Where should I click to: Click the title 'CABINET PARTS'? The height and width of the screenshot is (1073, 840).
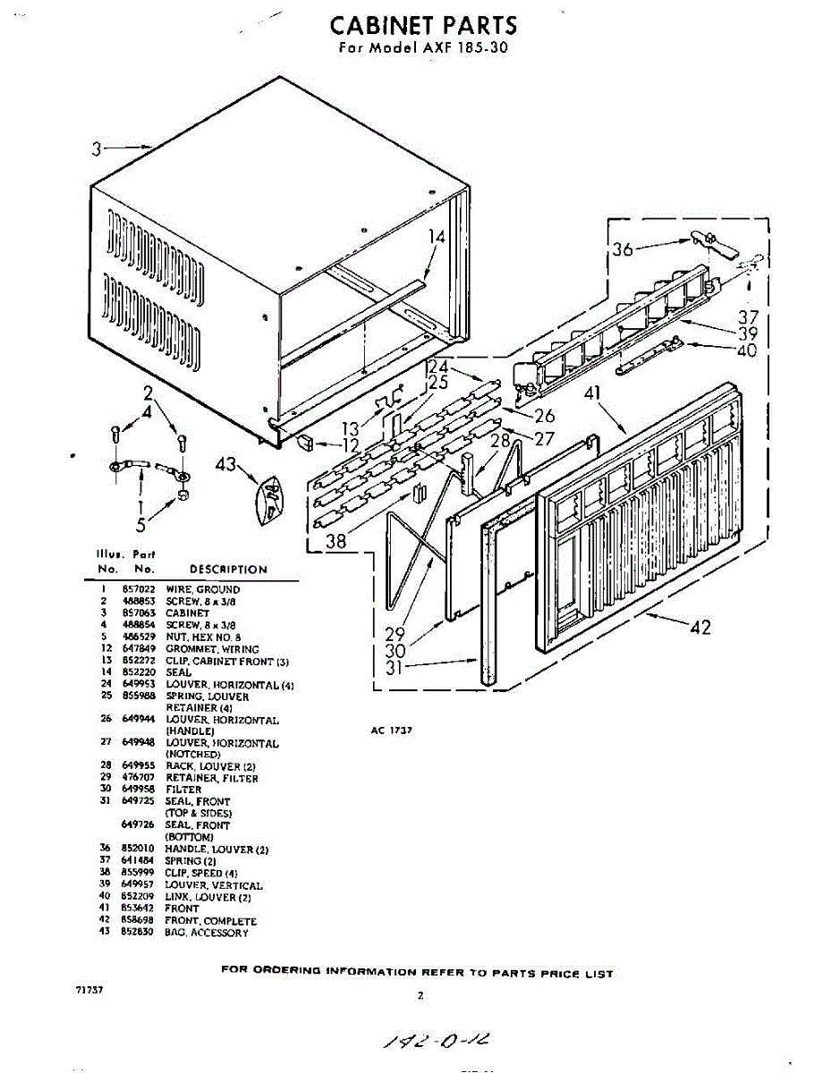click(423, 25)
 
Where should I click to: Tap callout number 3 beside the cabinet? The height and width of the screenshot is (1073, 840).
click(97, 148)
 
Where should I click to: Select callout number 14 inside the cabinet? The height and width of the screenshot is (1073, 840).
click(436, 237)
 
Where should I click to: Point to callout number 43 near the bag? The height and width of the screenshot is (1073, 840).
click(225, 464)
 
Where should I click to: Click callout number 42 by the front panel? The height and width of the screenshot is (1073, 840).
click(700, 627)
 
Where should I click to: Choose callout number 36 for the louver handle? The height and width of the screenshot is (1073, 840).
click(623, 249)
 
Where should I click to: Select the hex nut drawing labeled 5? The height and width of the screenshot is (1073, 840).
click(182, 494)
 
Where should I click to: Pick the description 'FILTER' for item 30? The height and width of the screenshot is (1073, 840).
click(183, 790)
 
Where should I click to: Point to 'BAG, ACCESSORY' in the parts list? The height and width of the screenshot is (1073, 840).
click(207, 934)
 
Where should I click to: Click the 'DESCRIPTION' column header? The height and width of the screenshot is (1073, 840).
click(228, 570)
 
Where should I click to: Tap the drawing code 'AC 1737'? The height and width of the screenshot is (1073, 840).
click(390, 730)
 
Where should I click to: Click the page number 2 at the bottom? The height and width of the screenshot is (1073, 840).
click(420, 994)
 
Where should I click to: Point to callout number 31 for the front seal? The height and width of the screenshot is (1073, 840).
click(395, 667)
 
